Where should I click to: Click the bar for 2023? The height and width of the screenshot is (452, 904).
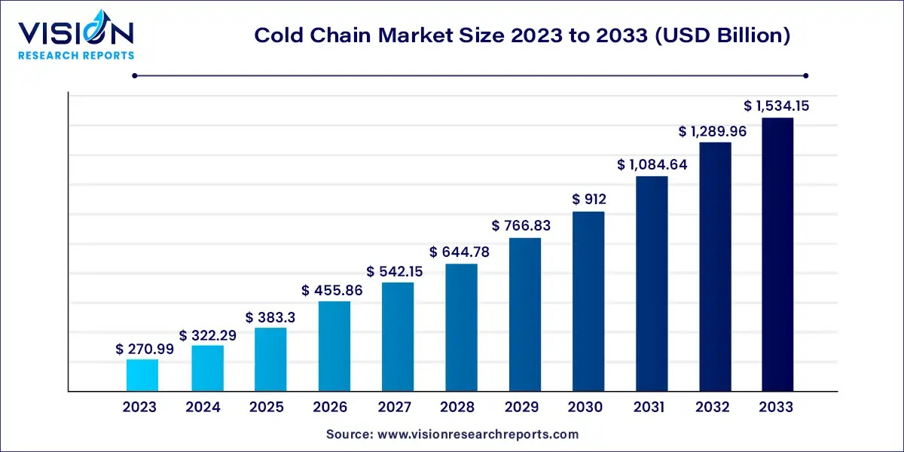coord(142,375)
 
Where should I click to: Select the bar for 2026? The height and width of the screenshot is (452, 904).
coord(334,347)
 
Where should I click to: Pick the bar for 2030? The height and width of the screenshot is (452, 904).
coord(588,301)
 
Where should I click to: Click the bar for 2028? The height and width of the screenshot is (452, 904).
coord(461,328)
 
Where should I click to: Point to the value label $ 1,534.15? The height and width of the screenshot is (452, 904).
coord(777,106)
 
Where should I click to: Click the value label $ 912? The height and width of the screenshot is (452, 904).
coord(589,200)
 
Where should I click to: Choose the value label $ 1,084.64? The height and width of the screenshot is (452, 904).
coord(652,164)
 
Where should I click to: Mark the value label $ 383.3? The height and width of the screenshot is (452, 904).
coord(270,318)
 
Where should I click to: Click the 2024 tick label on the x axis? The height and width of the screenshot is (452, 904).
coord(203,408)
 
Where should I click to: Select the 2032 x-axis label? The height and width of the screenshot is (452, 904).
coord(713,408)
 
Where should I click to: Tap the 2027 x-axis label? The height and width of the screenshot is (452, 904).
coord(395,408)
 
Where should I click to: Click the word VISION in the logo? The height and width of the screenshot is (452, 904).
coord(75,33)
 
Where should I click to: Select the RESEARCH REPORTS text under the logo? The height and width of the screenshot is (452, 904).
coord(75,55)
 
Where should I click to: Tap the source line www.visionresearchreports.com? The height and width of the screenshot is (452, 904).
coord(452,434)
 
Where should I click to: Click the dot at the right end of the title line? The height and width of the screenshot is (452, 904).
coord(805,75)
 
